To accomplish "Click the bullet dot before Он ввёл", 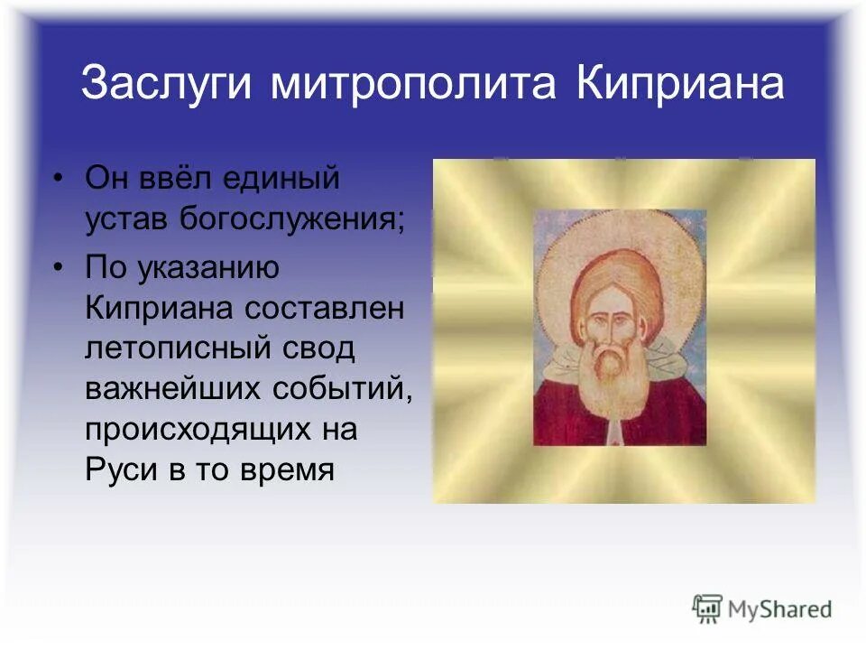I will pos(58,178).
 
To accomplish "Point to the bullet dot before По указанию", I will pos(58,268).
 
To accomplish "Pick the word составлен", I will pos(325,308).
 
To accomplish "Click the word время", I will pos(289,469).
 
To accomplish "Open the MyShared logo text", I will pos(780,608).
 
